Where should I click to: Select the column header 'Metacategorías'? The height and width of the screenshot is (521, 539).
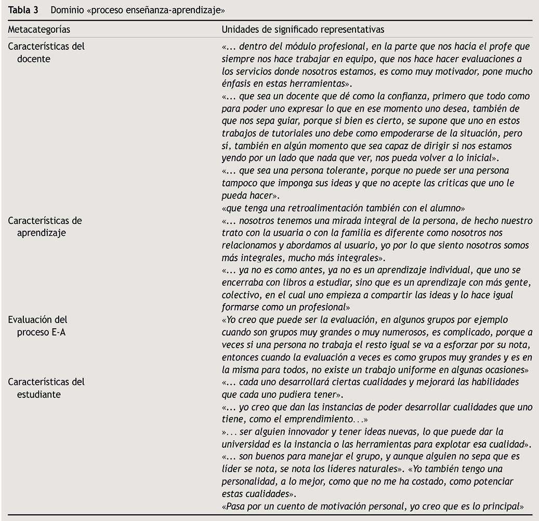pos(39,30)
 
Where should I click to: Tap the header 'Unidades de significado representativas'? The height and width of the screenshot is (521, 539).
pos(303,30)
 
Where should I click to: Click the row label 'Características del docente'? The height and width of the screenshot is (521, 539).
pos(46,52)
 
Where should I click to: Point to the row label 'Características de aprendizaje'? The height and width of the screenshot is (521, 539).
pos(44,226)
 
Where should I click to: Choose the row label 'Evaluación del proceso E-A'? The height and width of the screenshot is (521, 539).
pos(37,326)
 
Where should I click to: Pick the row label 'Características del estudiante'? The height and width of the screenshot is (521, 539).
pos(46,388)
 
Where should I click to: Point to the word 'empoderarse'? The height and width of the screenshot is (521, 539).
pos(385,133)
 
